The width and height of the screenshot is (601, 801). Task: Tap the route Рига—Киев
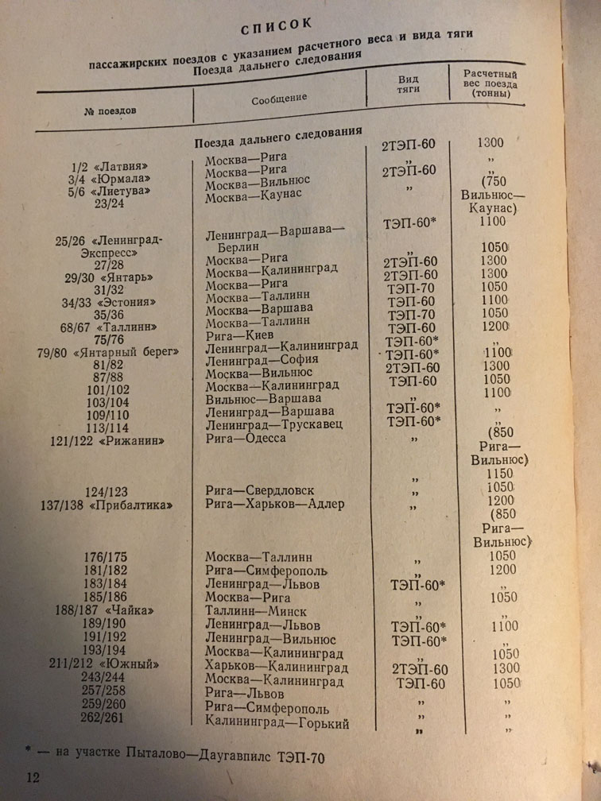239,335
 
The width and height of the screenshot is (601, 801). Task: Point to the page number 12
32,775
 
